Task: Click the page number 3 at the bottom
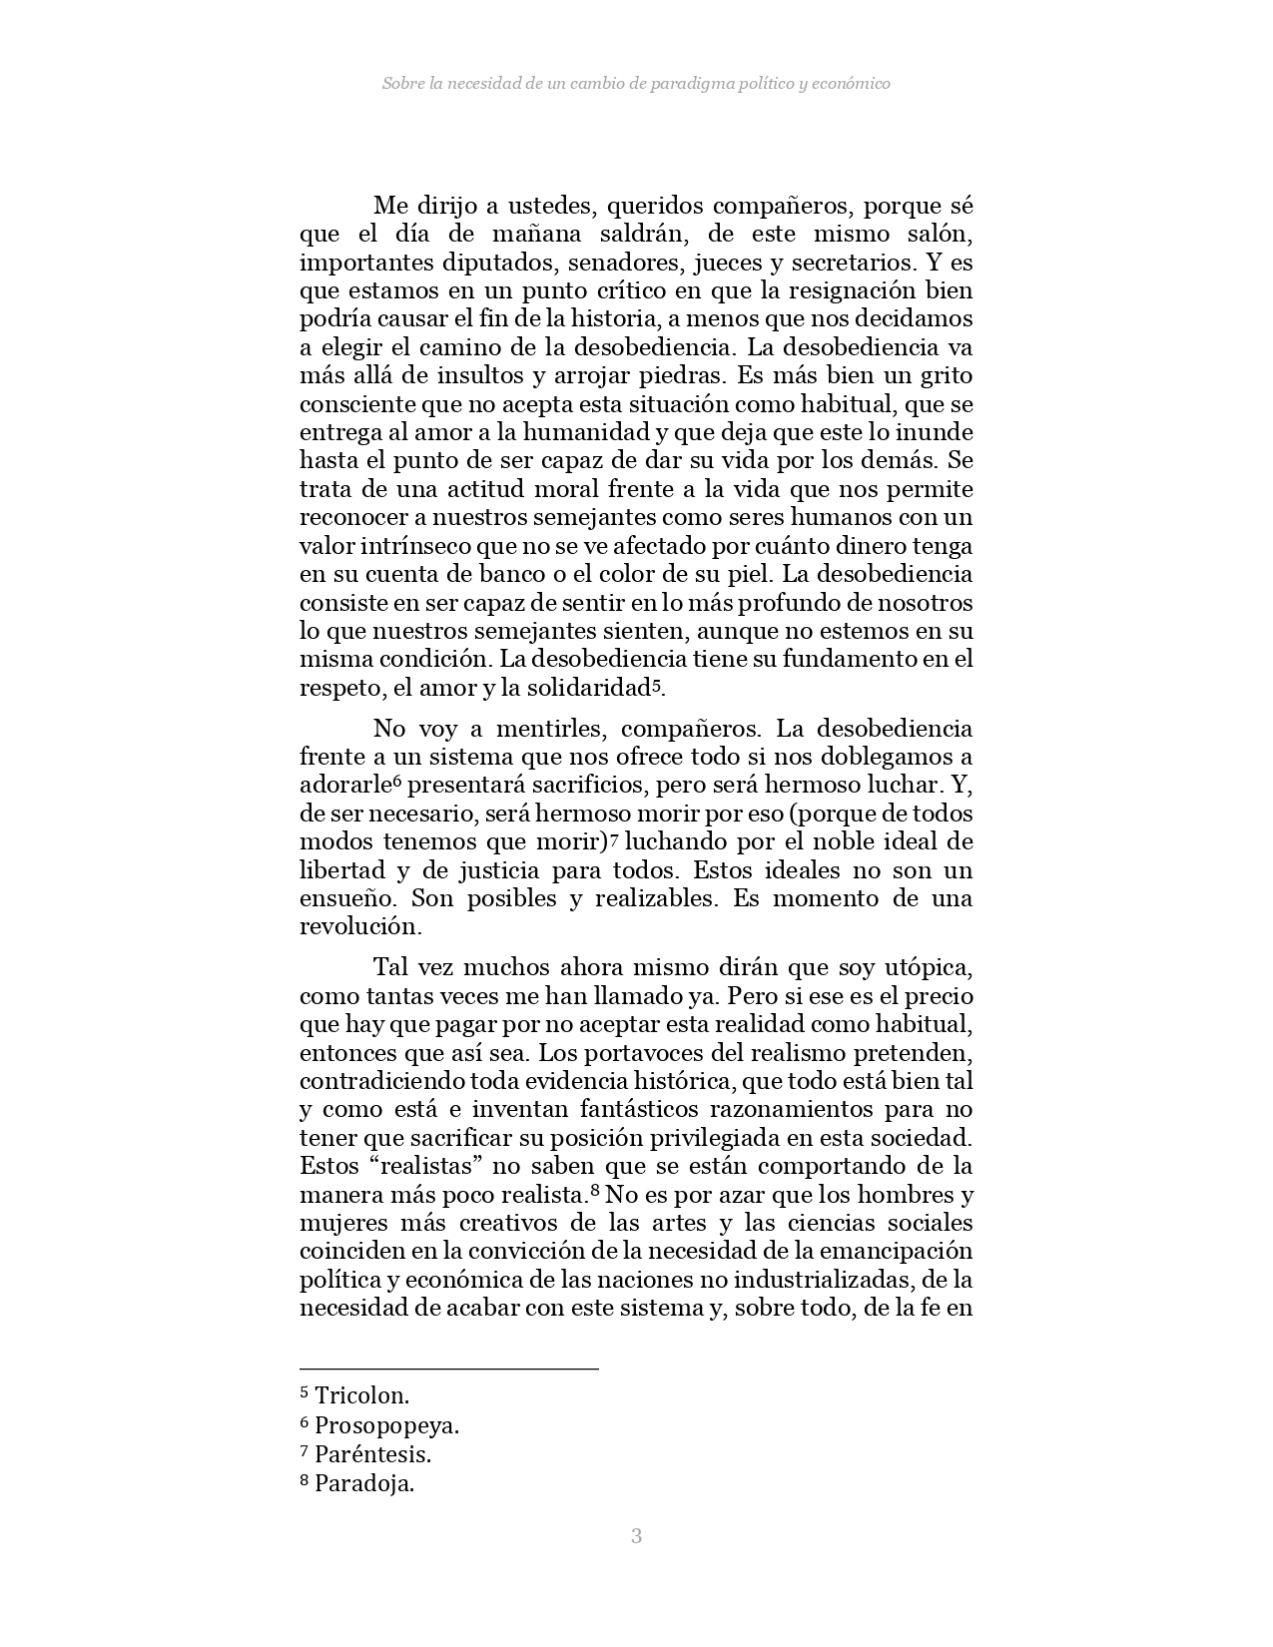636,1536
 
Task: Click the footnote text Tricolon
361,1395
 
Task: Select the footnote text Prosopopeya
386,1425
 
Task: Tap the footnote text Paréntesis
372,1454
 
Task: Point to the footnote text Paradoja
363,1483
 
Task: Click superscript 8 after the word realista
594,1190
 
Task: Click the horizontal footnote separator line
448,1369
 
